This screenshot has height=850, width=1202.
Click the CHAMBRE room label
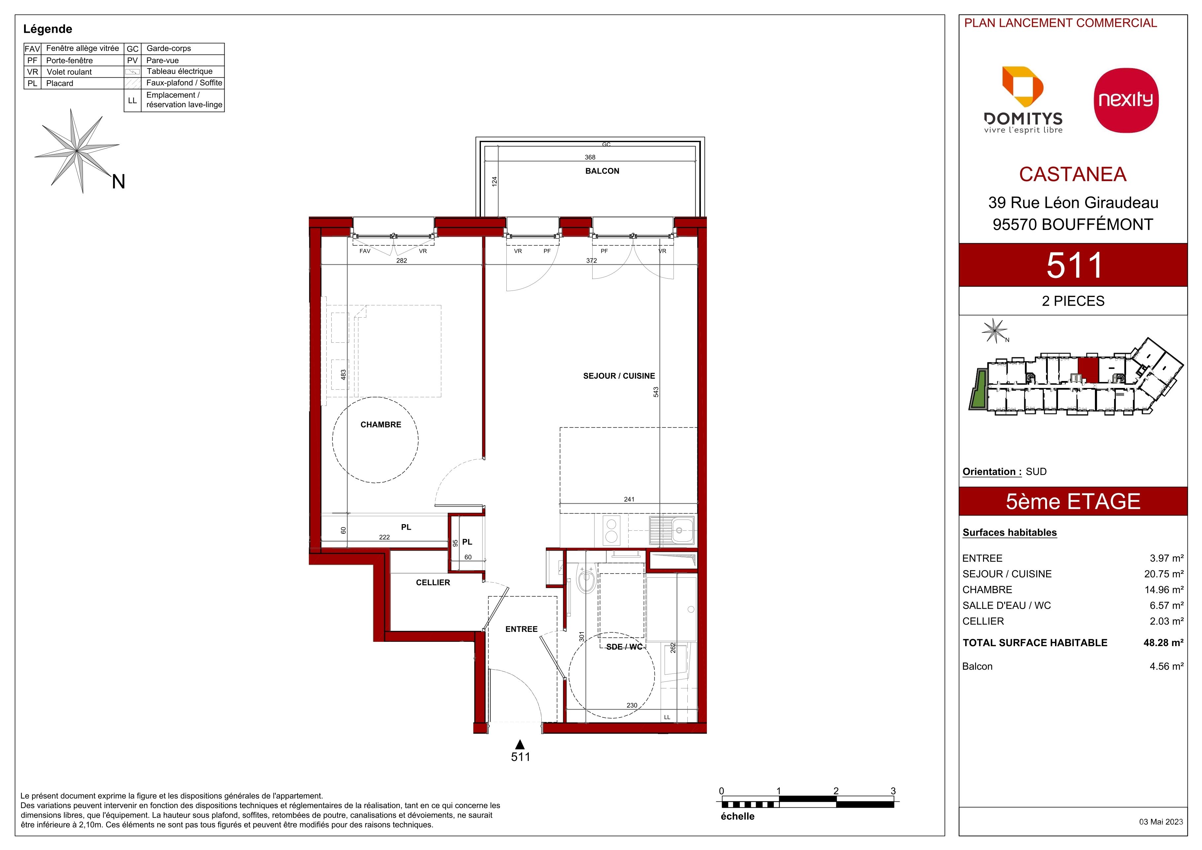381,425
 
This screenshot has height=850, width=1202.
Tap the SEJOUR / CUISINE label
619,376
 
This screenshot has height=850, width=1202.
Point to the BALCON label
602,171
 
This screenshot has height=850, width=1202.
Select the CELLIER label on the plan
433,582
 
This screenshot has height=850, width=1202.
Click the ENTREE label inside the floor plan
522,629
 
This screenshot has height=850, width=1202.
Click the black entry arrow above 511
520,744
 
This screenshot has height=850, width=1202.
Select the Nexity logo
1126,100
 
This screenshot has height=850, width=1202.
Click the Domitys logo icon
1022,86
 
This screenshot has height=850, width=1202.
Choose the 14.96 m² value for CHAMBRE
1164,590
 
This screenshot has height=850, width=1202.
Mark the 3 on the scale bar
893,791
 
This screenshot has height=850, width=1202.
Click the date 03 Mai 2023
1161,822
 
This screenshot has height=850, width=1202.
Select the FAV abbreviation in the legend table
32,49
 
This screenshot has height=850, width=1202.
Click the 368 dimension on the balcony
590,157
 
